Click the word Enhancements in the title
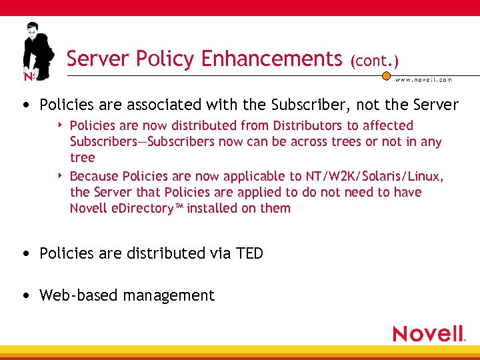pos(271,59)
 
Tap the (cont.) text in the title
pos(374,61)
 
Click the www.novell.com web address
pos(423,79)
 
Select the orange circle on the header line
pos(385,76)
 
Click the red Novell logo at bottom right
pos(428,333)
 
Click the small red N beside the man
pos(28,77)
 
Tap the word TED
pos(249,253)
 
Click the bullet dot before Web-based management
pos(25,296)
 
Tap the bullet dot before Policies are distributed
pos(25,254)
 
